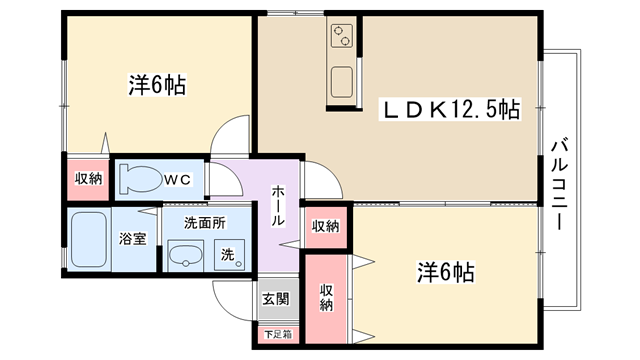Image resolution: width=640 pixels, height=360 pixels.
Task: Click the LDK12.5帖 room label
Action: click(450, 109)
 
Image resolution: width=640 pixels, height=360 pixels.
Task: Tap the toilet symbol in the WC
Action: click(140, 179)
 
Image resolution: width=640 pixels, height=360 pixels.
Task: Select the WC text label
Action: click(178, 180)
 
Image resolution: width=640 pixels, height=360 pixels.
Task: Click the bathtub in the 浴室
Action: click(89, 239)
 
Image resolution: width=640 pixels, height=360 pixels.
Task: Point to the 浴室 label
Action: click(133, 239)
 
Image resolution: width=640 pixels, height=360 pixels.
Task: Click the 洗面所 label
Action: click(205, 223)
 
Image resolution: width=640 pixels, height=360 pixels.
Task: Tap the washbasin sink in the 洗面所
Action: click(186, 256)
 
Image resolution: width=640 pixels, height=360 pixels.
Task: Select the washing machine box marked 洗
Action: click(229, 255)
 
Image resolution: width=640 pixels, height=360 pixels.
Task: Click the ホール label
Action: click(278, 205)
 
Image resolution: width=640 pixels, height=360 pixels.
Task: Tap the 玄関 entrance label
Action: click(276, 299)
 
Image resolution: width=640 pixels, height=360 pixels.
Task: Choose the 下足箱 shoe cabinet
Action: click(278, 335)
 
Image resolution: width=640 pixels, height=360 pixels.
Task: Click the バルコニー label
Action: click(560, 184)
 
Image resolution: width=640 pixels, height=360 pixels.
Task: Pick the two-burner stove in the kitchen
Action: click(342, 36)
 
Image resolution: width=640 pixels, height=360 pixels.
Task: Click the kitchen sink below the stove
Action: click(342, 82)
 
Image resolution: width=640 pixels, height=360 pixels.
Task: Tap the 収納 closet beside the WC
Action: click(88, 179)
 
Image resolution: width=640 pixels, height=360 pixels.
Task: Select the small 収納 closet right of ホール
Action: click(326, 227)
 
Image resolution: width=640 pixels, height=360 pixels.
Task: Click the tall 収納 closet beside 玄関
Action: click(326, 298)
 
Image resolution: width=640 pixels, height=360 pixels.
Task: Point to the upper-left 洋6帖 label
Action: click(158, 85)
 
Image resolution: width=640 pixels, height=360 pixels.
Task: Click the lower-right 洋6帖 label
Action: click(446, 272)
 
